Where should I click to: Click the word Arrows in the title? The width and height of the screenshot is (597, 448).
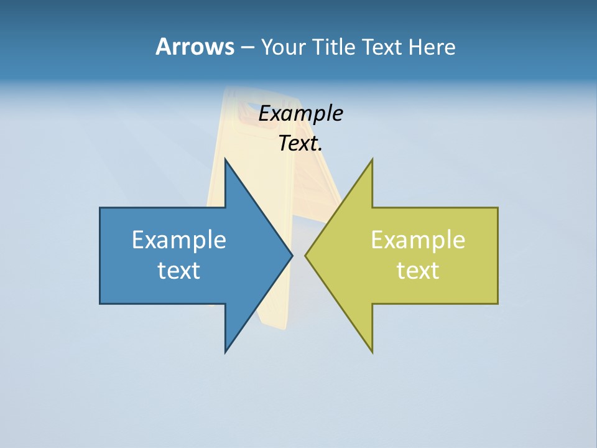coord(195,47)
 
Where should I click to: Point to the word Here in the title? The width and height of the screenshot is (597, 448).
coord(432,47)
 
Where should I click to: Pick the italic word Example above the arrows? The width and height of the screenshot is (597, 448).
coord(301,114)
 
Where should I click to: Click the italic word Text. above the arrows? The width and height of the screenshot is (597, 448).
coord(301,144)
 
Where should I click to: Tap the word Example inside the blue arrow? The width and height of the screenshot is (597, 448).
coord(179,240)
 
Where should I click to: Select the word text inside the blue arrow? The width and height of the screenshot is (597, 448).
coord(179,271)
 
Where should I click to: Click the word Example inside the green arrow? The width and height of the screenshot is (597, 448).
coord(418,240)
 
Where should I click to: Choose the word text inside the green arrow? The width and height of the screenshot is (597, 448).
coord(418,271)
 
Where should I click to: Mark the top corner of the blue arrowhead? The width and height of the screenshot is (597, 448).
coord(226,160)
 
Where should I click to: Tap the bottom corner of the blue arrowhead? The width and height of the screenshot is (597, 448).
coord(226,352)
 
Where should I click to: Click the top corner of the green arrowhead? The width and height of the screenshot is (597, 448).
coord(372,160)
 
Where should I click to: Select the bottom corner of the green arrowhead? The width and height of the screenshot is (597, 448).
coord(372,352)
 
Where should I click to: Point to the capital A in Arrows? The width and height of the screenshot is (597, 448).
coord(163,47)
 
